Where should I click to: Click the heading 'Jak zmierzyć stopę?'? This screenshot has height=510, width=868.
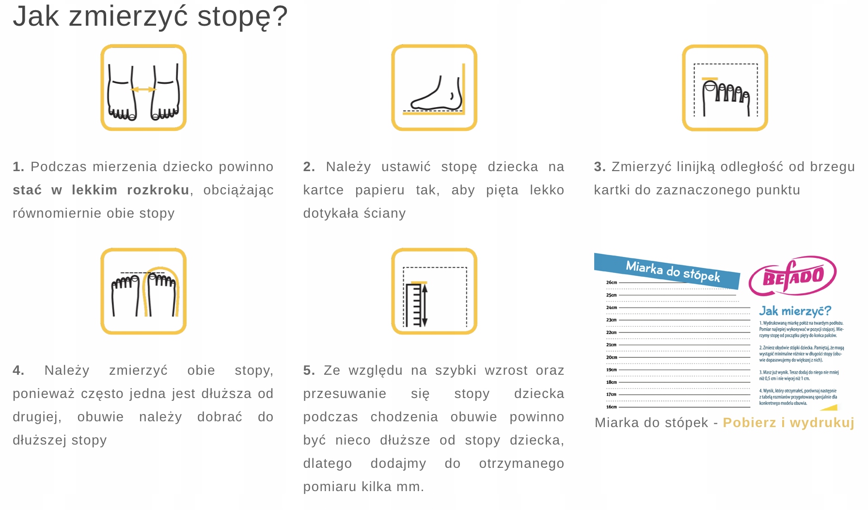pyautogui.click(x=150, y=16)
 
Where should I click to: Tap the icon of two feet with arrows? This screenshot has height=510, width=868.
pyautogui.click(x=143, y=88)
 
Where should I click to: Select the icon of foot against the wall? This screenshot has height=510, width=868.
pyautogui.click(x=434, y=88)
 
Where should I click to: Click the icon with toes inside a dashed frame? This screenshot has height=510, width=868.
pyautogui.click(x=725, y=88)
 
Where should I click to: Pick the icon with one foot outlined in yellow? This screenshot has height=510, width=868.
pyautogui.click(x=143, y=291)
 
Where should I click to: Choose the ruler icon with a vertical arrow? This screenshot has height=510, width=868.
pyautogui.click(x=434, y=291)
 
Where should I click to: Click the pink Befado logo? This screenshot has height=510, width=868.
pyautogui.click(x=792, y=276)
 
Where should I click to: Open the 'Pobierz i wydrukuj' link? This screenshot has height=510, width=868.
pyautogui.click(x=789, y=423)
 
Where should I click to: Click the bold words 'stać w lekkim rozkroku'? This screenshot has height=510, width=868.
pyautogui.click(x=101, y=190)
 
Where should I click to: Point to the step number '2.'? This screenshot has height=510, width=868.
pyautogui.click(x=309, y=167)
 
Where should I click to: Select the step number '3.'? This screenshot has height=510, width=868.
pyautogui.click(x=600, y=167)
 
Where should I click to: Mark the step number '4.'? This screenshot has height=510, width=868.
pyautogui.click(x=18, y=370)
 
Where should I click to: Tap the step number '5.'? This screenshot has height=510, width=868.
pyautogui.click(x=309, y=370)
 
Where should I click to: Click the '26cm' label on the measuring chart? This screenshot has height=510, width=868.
pyautogui.click(x=612, y=283)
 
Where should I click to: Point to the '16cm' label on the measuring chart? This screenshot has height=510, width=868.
pyautogui.click(x=612, y=407)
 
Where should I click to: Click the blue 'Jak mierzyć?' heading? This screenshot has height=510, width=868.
pyautogui.click(x=795, y=311)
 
